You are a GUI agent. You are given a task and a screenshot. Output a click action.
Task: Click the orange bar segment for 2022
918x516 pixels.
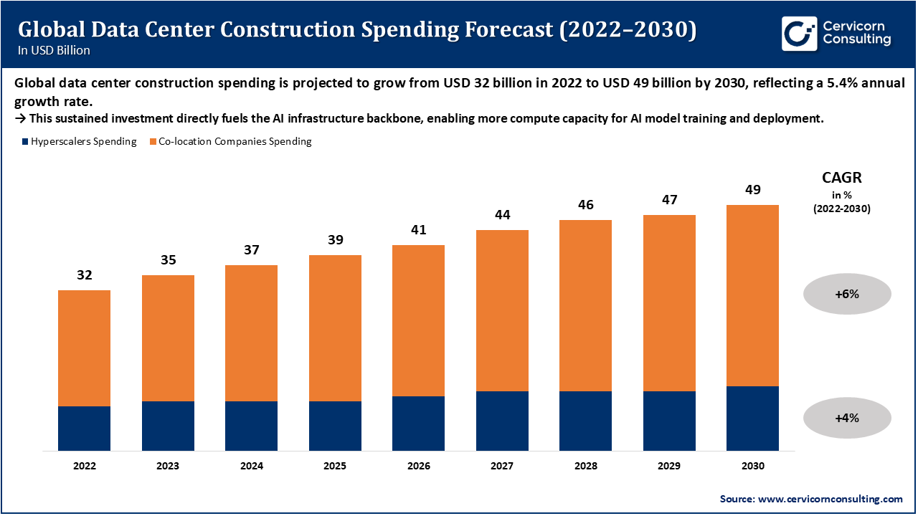pos(84,348)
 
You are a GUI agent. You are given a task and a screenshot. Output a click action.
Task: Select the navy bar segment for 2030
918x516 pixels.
pos(752,419)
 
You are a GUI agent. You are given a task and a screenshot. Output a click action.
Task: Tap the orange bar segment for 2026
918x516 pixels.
pos(418,320)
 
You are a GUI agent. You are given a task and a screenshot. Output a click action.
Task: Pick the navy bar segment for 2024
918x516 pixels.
pos(251,426)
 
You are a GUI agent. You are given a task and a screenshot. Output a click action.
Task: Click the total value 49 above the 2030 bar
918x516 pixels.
pos(752,190)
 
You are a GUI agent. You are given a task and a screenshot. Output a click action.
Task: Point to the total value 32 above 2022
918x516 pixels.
pos(84,275)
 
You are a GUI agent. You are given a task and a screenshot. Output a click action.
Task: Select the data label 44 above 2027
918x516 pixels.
pos(502,215)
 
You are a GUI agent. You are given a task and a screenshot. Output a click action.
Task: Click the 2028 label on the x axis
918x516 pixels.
pos(585,466)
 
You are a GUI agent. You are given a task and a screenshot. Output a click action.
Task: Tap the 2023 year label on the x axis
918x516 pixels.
pos(168,466)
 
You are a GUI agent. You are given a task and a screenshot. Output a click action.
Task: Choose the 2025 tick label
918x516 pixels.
pos(335,466)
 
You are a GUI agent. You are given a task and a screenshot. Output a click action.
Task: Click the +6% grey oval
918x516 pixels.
pos(846,294)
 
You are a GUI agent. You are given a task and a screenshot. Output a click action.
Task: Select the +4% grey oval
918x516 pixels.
pos(846,418)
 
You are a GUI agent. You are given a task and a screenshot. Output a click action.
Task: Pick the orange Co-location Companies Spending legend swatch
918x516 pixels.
pos(153,142)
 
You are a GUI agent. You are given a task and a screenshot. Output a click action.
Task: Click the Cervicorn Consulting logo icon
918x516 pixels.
pos(799,34)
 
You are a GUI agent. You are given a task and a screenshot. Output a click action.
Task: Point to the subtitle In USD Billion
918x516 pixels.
pos(54,51)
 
